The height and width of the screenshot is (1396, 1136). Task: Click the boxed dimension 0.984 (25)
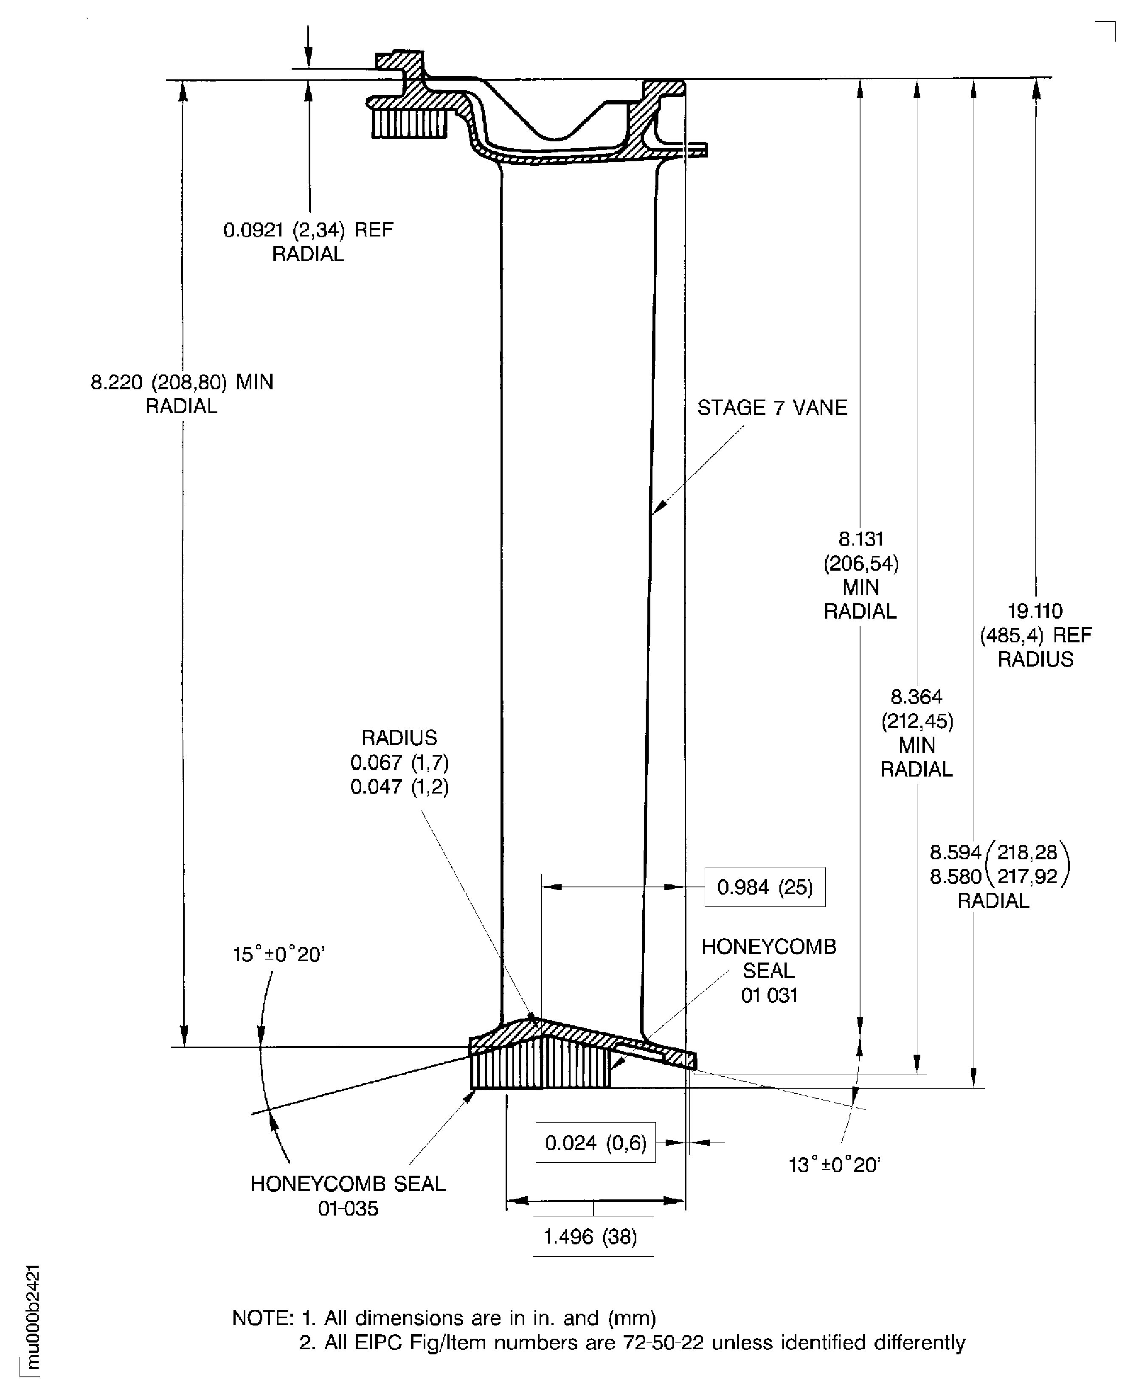(764, 887)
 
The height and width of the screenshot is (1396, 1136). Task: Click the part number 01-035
(348, 1209)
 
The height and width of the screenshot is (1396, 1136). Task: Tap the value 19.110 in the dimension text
(1035, 611)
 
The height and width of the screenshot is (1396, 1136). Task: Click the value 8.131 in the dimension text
(860, 539)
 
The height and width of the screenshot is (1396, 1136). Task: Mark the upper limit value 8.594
(956, 852)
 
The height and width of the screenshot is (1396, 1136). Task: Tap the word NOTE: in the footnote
(263, 1317)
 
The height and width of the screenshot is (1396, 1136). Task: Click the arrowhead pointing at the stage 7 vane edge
(660, 507)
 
